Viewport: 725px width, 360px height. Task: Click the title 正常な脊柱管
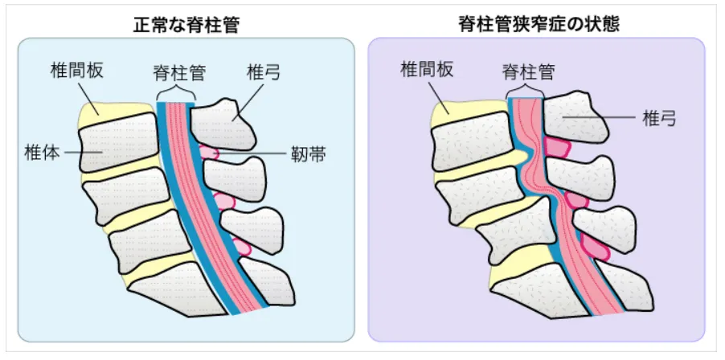click(x=186, y=24)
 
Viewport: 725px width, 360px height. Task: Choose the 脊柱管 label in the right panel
click(x=529, y=72)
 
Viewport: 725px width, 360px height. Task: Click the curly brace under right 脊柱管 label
click(x=526, y=93)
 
